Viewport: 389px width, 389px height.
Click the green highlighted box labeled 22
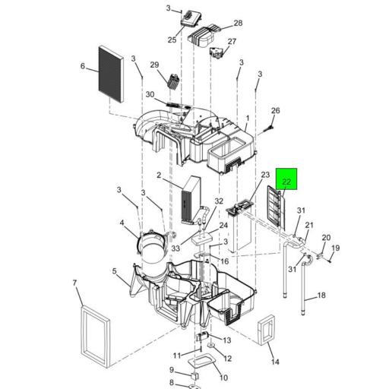(286, 179)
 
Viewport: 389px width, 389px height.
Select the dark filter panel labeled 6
(111, 74)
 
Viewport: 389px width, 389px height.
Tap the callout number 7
(74, 283)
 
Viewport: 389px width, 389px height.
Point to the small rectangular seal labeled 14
(266, 330)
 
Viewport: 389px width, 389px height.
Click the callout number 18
(321, 296)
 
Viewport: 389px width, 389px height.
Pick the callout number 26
(276, 110)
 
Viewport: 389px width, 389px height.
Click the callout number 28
(238, 23)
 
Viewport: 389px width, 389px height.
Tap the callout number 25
(172, 40)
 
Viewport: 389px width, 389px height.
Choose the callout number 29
(154, 65)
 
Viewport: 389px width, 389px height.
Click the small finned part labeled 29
(173, 81)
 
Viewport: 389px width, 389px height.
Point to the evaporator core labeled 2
(191, 200)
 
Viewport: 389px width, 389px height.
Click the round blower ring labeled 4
(138, 243)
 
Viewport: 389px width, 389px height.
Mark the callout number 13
(226, 340)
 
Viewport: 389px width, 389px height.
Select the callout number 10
(223, 378)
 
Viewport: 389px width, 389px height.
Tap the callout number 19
(336, 248)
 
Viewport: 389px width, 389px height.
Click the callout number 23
(265, 175)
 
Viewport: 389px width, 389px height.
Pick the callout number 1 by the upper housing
(248, 119)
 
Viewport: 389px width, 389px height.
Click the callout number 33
(176, 248)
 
